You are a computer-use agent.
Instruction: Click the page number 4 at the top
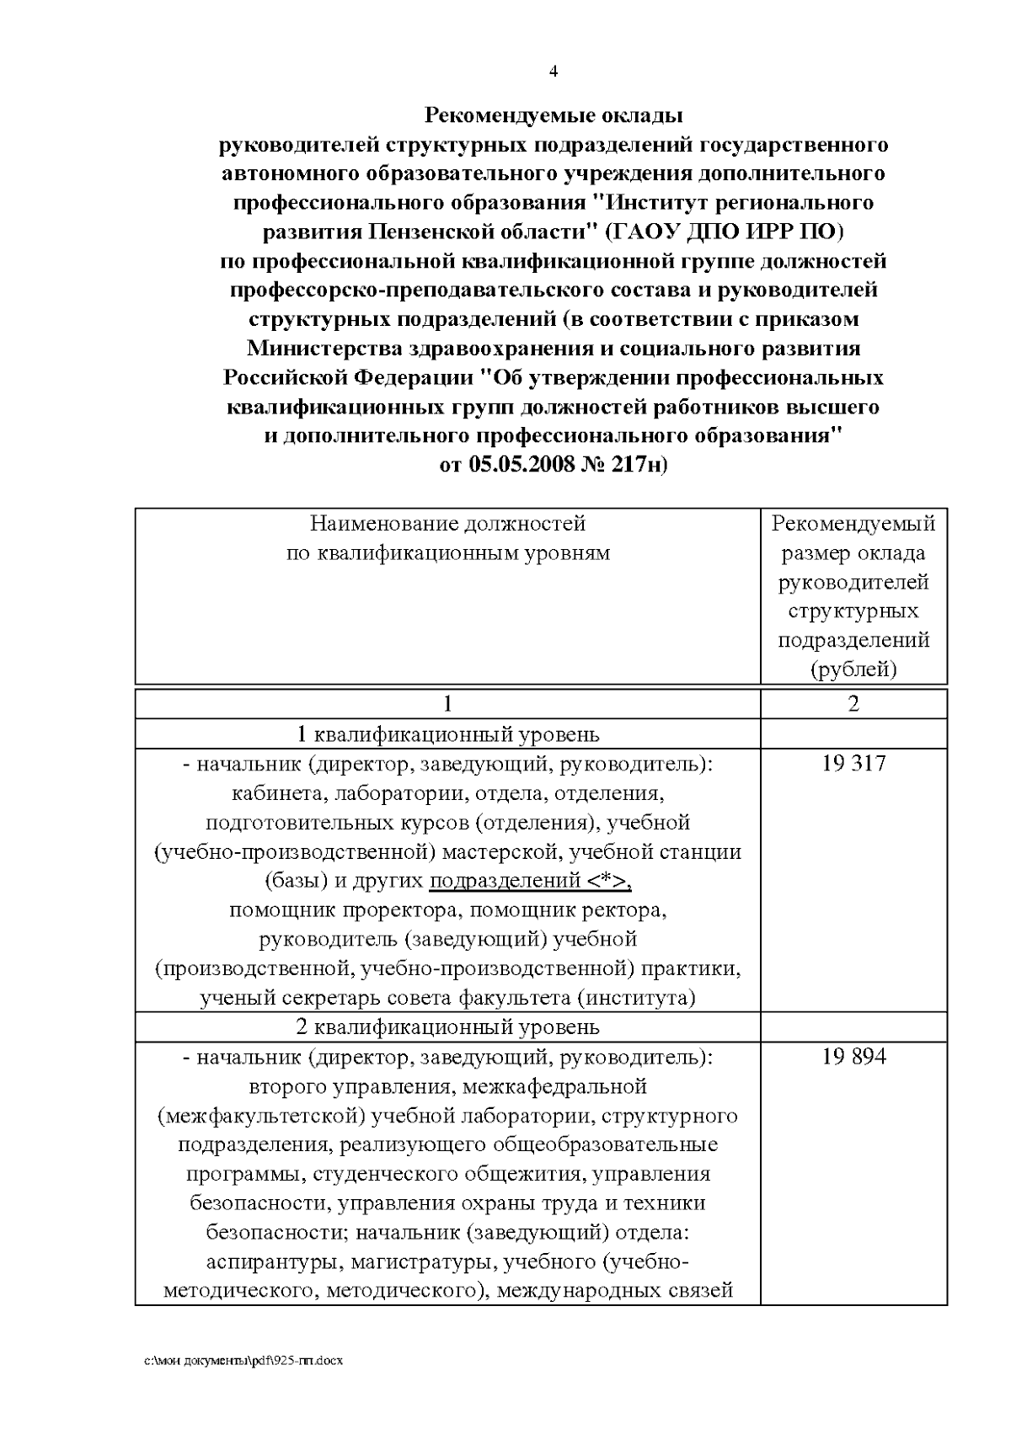554,72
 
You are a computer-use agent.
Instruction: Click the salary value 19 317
853,764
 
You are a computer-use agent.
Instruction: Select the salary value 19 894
853,1057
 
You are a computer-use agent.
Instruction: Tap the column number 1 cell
447,704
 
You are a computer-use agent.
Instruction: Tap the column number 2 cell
853,704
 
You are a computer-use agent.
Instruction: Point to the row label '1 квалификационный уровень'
447,734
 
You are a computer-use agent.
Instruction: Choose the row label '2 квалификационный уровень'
447,1027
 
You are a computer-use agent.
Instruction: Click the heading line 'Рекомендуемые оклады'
553,114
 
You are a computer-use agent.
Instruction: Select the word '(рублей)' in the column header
853,670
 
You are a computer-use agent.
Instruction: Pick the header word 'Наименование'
383,524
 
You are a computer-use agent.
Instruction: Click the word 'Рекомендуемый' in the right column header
853,524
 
